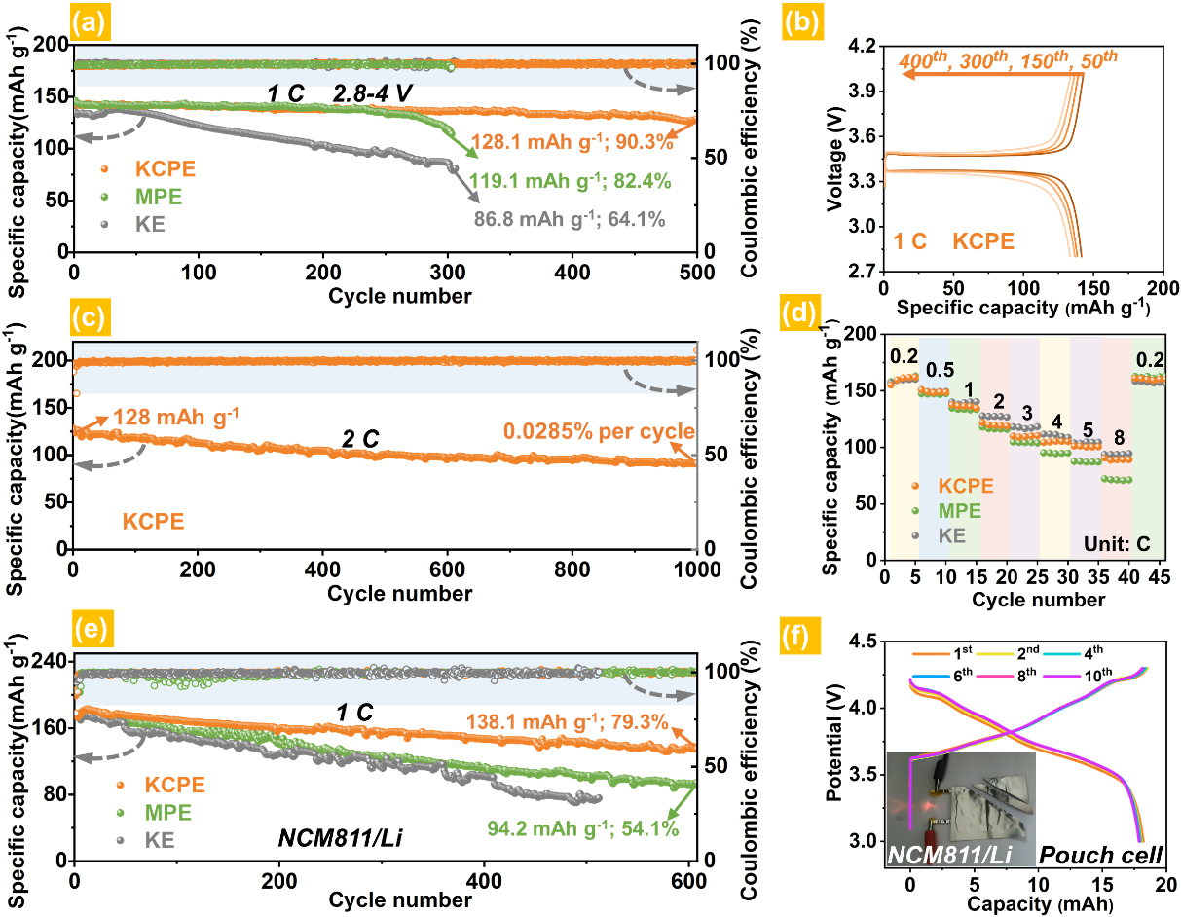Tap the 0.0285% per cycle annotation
tap(597, 431)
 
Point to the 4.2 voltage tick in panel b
tap(861, 46)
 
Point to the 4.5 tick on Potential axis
tap(861, 642)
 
